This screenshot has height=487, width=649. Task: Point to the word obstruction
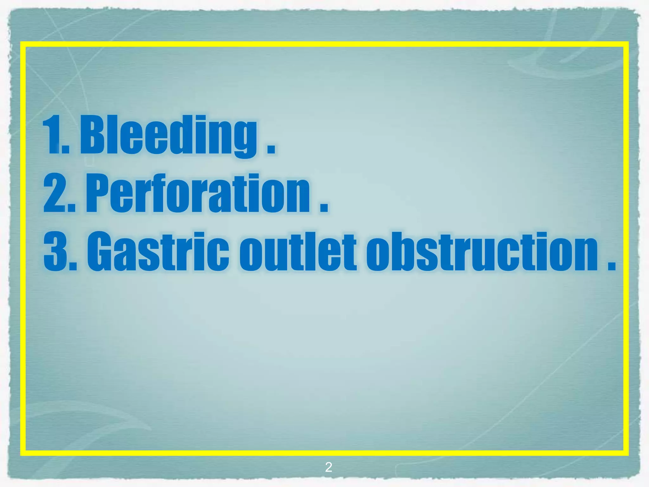482,252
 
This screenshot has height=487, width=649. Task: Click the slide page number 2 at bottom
329,467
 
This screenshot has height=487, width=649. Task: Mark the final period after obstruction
611,267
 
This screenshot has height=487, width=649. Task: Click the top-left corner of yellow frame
23,44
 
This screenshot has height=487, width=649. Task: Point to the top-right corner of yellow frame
626,44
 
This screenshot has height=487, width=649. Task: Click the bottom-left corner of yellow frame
23,453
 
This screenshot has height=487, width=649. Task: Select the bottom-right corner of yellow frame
626,453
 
